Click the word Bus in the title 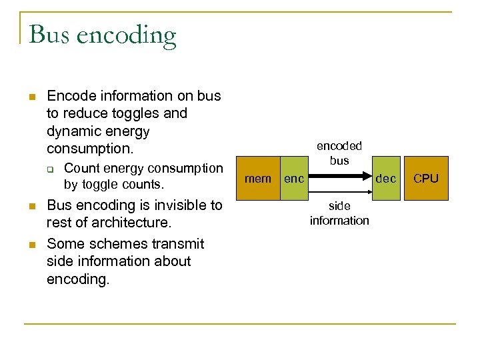(49, 34)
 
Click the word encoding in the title (127, 35)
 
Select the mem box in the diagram (258, 179)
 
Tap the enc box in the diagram (294, 179)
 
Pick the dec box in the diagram (385, 179)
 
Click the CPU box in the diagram (425, 179)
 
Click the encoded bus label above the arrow (339, 153)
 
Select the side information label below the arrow (339, 213)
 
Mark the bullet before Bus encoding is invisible (31, 207)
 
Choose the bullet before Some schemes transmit (31, 244)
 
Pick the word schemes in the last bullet (109, 243)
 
